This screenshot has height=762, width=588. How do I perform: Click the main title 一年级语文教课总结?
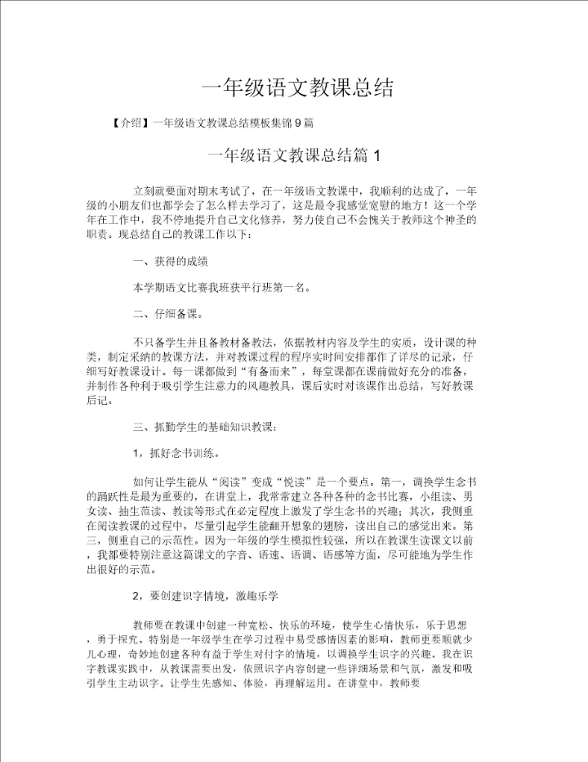pos(293,87)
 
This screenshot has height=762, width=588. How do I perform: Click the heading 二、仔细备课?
pos(168,313)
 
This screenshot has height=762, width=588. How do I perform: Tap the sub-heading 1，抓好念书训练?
pos(175,452)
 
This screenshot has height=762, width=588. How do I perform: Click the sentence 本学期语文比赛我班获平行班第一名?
pos(220,288)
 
